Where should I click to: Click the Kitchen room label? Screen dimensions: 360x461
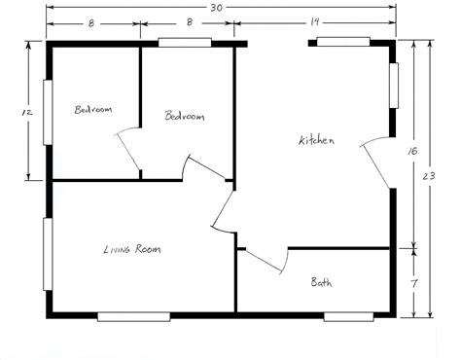[316, 141]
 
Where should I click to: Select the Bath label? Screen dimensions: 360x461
[321, 283]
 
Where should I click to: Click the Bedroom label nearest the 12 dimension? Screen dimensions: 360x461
[93, 110]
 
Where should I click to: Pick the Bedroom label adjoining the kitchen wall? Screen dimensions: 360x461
[185, 117]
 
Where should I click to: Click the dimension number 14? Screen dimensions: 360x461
[314, 19]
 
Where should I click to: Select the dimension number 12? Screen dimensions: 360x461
[27, 112]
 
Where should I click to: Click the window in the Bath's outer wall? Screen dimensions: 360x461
[348, 315]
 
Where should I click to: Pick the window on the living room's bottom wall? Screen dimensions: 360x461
[134, 315]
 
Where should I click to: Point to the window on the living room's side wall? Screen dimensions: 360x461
[46, 253]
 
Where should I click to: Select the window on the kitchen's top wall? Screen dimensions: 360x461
[342, 42]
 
